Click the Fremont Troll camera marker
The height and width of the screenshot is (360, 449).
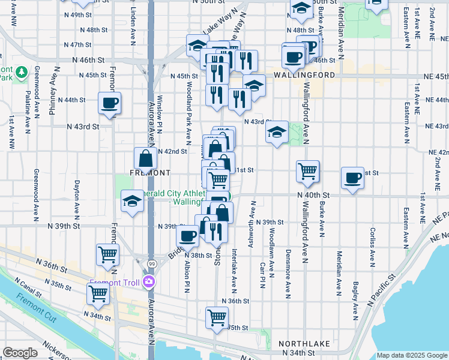[x=149, y=282]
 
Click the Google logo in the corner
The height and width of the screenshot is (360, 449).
[x=20, y=353]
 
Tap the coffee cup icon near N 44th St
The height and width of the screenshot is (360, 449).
[x=110, y=103]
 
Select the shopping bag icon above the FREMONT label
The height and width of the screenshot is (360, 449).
[x=146, y=159]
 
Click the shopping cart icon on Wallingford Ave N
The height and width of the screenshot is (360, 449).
[x=307, y=172]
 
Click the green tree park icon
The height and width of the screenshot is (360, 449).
[x=22, y=73]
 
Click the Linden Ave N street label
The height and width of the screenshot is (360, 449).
[x=133, y=27]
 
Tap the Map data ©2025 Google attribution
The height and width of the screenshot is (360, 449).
[x=411, y=355]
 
